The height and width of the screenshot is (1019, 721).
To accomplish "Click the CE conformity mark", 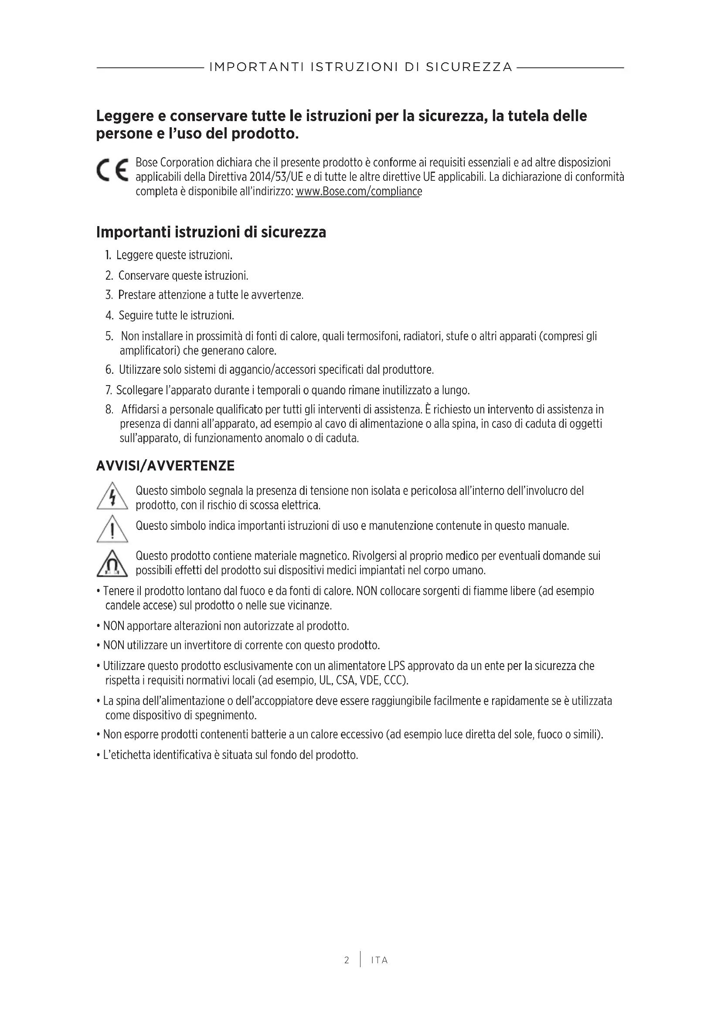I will (112, 170).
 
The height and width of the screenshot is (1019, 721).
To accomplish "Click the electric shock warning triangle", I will (112, 496).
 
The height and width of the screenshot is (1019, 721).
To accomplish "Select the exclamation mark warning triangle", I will (112, 529).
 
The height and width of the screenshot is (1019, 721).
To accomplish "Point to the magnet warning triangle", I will (112, 564).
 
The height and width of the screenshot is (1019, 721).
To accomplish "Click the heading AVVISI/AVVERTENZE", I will (165, 466).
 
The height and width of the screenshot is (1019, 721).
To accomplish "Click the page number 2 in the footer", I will (346, 961).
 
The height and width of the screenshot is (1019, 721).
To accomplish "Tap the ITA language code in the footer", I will (379, 961).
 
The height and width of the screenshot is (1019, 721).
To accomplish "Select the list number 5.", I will (109, 336).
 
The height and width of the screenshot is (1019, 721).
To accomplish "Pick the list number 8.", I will (109, 409).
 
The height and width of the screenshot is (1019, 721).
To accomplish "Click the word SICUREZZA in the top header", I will (469, 67).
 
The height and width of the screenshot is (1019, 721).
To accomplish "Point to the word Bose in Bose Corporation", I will (146, 162).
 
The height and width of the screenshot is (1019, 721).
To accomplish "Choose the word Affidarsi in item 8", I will (143, 409).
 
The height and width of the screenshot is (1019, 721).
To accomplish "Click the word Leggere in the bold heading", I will (122, 116).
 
